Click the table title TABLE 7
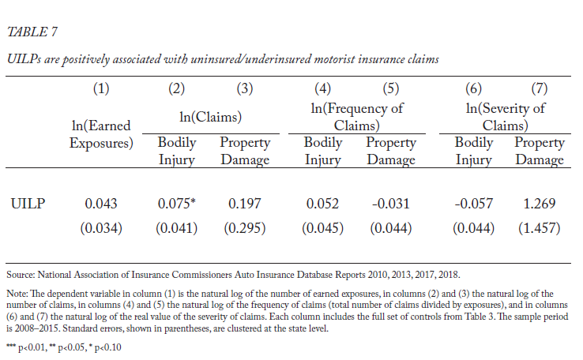pos(32,32)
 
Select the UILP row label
pos(28,204)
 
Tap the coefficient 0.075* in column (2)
pos(177,203)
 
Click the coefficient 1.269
pos(539,203)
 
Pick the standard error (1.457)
pos(539,227)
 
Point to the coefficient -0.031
pos(390,203)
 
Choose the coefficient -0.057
pos(473,203)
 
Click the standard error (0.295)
pos(245,227)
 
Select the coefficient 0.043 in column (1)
pos(101,203)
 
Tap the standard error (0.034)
pos(101,227)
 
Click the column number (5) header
pos(391,88)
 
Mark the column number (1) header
pos(101,88)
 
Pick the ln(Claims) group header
pos(210,117)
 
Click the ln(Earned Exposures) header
pos(101,134)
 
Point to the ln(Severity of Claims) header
pos(506,117)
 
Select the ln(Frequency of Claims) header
pos(356,117)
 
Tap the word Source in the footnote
pos(21,275)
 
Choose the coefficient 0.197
pos(245,203)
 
